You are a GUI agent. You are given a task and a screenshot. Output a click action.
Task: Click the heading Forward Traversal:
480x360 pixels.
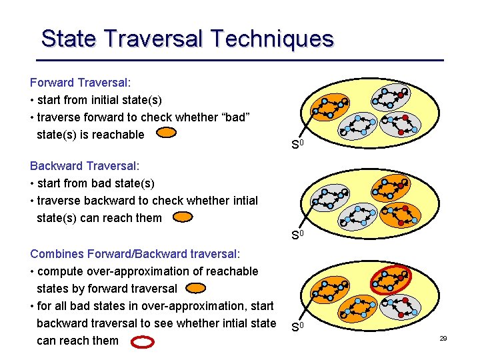click(x=80, y=83)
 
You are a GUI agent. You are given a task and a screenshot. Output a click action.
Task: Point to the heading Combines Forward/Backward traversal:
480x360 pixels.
click(x=135, y=253)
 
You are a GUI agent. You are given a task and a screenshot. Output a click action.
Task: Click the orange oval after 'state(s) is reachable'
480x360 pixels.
click(x=166, y=133)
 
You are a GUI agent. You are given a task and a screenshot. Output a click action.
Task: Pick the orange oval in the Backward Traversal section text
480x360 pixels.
click(x=181, y=217)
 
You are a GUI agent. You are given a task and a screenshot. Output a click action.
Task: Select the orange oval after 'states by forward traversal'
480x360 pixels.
click(x=195, y=288)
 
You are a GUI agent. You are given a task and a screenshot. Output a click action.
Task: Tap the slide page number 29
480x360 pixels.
click(x=443, y=339)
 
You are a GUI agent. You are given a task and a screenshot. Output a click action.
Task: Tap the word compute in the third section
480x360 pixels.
click(x=59, y=271)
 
